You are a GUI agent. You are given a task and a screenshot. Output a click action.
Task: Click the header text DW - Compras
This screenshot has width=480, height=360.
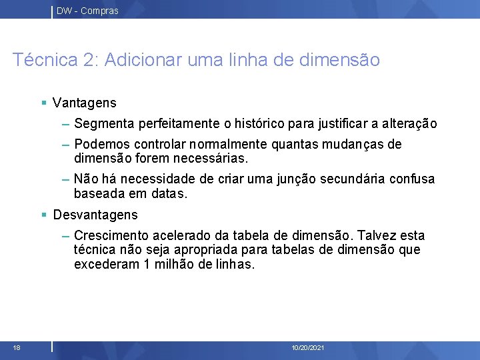pyautogui.click(x=87, y=11)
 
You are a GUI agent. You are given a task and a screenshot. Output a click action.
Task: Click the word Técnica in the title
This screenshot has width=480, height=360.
pyautogui.click(x=43, y=60)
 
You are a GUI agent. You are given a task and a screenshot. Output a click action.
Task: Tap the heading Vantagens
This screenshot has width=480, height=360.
pyautogui.click(x=85, y=103)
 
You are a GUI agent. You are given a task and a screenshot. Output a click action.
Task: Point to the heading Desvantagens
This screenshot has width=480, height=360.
pyautogui.click(x=95, y=215)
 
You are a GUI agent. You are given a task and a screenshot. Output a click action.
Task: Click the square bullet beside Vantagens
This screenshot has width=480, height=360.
pyautogui.click(x=43, y=103)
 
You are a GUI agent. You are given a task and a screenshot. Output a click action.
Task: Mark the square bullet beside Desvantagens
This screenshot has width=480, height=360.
pyautogui.click(x=43, y=215)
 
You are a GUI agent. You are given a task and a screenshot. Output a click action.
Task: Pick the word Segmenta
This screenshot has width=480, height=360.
pyautogui.click(x=104, y=123)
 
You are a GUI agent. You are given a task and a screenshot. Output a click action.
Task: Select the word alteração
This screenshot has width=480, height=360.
pyautogui.click(x=409, y=123)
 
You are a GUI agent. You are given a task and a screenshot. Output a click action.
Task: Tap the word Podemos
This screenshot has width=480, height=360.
pyautogui.click(x=103, y=145)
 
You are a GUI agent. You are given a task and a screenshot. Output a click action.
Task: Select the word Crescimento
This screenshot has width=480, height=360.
pyautogui.click(x=112, y=236)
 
